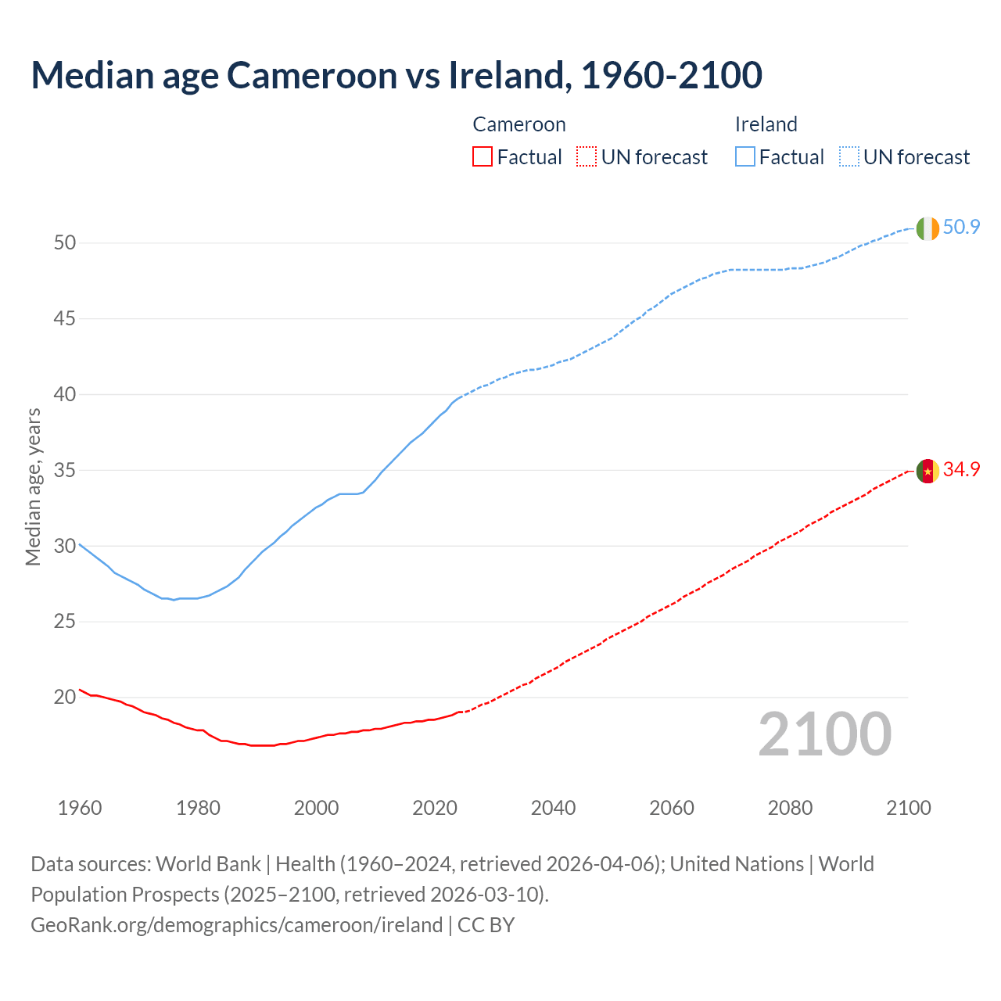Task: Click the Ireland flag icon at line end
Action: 927,228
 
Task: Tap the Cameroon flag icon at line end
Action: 927,472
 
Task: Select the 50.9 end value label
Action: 961,228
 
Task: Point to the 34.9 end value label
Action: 961,470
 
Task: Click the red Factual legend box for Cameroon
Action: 483,157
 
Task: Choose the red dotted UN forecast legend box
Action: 587,157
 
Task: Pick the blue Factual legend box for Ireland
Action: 745,157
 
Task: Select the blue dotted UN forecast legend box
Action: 849,157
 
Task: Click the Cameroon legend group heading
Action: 519,124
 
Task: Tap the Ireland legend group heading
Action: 766,124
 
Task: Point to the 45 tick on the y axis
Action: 65,319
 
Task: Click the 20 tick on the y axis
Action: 65,698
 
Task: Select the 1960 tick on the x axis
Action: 80,808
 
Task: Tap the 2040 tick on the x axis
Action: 554,808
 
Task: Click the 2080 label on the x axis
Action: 790,808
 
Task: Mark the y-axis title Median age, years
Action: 33,486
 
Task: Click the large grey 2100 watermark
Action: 824,734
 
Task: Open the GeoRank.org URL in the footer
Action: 236,925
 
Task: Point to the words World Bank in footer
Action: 208,864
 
